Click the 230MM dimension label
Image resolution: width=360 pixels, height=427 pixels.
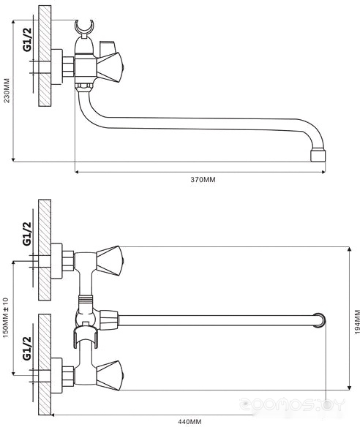click(x=7, y=91)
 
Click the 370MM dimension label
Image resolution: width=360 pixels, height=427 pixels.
click(x=203, y=179)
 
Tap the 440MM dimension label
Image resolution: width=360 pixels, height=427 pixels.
click(x=190, y=422)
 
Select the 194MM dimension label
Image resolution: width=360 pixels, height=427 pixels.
click(x=357, y=322)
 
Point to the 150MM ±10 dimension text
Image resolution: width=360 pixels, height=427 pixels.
click(x=6, y=317)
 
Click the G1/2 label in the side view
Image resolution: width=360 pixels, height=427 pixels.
click(x=27, y=39)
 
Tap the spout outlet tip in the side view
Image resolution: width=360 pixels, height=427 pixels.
click(x=318, y=155)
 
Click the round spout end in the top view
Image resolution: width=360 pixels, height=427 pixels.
click(x=320, y=320)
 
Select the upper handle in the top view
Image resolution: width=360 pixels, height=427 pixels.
click(x=108, y=261)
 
